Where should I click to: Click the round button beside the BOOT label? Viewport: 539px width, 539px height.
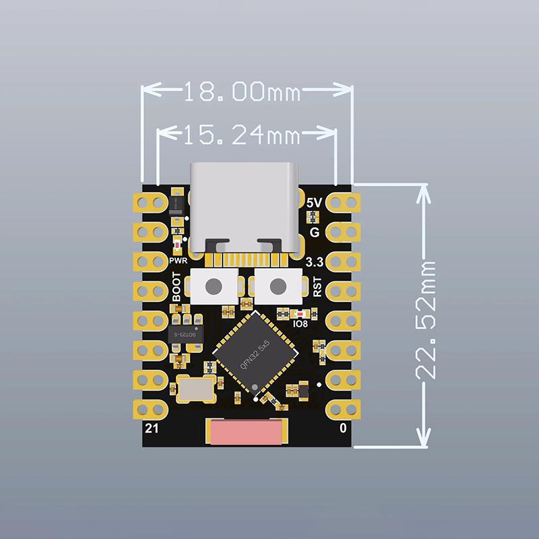[214, 286]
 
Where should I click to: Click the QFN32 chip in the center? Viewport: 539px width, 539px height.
[255, 352]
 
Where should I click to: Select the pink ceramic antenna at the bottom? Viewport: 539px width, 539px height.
[247, 431]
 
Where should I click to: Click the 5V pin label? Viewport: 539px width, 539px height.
[314, 203]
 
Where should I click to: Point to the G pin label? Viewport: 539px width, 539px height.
[314, 232]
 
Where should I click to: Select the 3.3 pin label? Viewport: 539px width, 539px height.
[313, 262]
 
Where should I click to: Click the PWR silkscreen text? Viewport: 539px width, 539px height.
[177, 259]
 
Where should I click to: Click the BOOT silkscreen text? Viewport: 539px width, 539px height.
[177, 286]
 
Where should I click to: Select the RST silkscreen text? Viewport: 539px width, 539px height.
[317, 287]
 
